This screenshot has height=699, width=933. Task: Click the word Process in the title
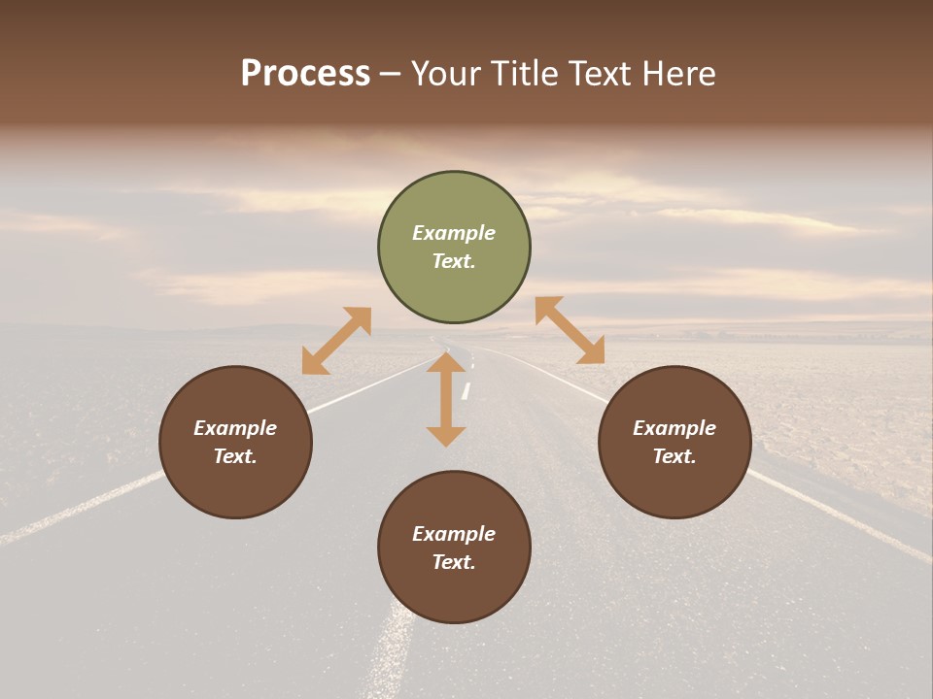(x=305, y=74)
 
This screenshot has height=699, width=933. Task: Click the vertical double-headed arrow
(x=446, y=399)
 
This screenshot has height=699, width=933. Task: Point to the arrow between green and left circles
(x=336, y=341)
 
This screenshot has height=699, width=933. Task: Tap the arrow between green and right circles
(x=570, y=330)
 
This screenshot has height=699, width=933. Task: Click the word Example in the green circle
(x=454, y=233)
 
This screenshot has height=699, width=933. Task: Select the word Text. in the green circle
(x=454, y=261)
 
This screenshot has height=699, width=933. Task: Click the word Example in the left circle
(x=235, y=428)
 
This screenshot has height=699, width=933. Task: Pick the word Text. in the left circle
(x=235, y=456)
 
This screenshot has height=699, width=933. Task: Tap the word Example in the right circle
(x=674, y=428)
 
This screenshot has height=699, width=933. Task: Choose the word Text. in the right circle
(x=674, y=456)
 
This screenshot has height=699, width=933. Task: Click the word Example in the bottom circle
(x=454, y=534)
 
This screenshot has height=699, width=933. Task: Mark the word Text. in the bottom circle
(x=454, y=562)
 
